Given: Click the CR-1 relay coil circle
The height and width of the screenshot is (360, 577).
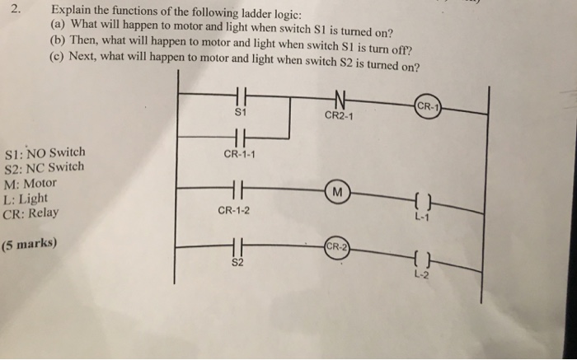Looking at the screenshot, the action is [429, 107].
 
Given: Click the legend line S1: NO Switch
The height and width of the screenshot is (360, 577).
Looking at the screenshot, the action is [45, 153].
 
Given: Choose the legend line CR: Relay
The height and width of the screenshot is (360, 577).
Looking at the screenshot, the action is [31, 213].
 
